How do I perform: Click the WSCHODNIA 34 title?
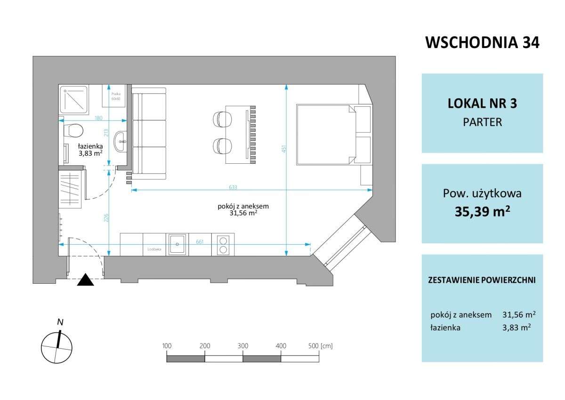click(482, 42)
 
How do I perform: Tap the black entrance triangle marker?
click(86, 280)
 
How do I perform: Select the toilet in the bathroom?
click(74, 130)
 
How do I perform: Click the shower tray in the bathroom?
click(73, 99)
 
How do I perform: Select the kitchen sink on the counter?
click(177, 244)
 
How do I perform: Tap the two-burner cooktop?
click(223, 244)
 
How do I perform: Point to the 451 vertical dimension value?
click(283, 148)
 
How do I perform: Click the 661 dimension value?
click(199, 241)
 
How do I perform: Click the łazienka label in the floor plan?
click(84, 146)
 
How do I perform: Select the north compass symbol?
click(57, 346)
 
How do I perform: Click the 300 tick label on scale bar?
click(242, 346)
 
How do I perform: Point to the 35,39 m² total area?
click(482, 211)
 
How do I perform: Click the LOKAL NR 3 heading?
click(482, 104)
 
